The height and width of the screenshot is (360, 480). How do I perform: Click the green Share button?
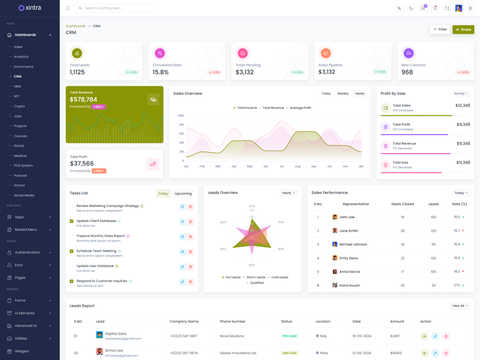463,29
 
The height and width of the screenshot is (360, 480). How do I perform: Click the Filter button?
440,29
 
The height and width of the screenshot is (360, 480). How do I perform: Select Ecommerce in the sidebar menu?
23,67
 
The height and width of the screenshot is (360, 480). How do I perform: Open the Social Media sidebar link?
24,196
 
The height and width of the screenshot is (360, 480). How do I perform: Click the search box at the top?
116,8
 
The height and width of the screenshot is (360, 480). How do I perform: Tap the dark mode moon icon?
411,8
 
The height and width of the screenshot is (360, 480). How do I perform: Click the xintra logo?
30,8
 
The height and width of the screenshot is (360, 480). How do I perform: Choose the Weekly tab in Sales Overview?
343,94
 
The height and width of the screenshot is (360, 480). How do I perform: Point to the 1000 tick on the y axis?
181,116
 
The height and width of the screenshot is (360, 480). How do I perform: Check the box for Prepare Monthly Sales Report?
71,236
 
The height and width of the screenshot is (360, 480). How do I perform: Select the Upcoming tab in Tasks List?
183,194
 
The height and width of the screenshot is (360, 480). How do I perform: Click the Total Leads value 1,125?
77,72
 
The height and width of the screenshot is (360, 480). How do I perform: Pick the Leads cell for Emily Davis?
433,258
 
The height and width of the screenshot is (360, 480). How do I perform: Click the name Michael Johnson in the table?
353,245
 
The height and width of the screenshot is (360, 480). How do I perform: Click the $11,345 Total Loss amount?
463,163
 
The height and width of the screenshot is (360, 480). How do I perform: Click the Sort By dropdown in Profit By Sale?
461,94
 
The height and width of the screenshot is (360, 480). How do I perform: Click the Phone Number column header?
232,322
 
